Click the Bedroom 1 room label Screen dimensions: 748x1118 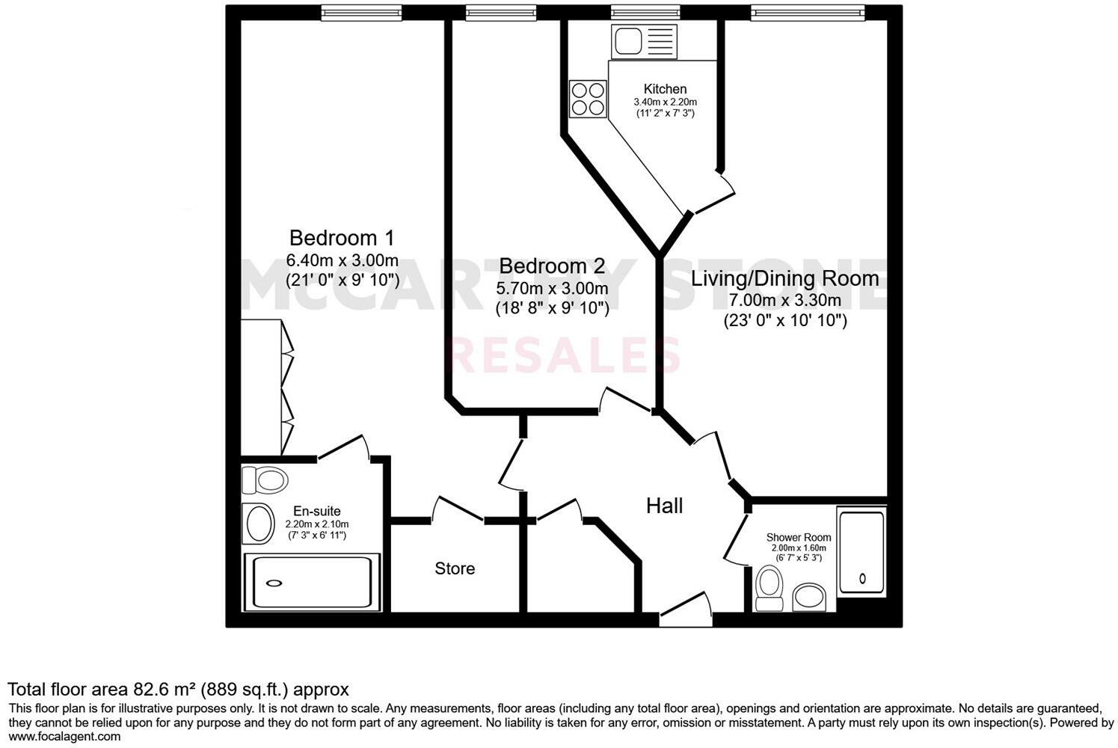(342, 238)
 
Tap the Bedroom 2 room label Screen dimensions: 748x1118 (551, 266)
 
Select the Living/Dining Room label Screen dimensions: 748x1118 (784, 278)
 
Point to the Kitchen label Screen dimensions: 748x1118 (665, 89)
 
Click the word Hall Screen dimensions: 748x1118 (664, 506)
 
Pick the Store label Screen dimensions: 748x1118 (455, 568)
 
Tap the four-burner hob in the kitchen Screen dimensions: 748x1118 (588, 99)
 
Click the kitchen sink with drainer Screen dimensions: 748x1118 (644, 41)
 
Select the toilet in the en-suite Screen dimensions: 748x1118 (265, 479)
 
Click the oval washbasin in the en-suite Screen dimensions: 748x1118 (259, 524)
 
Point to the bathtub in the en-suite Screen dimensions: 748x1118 (312, 583)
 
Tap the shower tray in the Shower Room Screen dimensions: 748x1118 (861, 552)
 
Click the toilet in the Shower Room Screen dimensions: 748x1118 (768, 587)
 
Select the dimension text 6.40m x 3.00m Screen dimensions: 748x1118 (342, 261)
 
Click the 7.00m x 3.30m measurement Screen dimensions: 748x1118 (784, 301)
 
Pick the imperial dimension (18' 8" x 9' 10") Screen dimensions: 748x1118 (551, 307)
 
